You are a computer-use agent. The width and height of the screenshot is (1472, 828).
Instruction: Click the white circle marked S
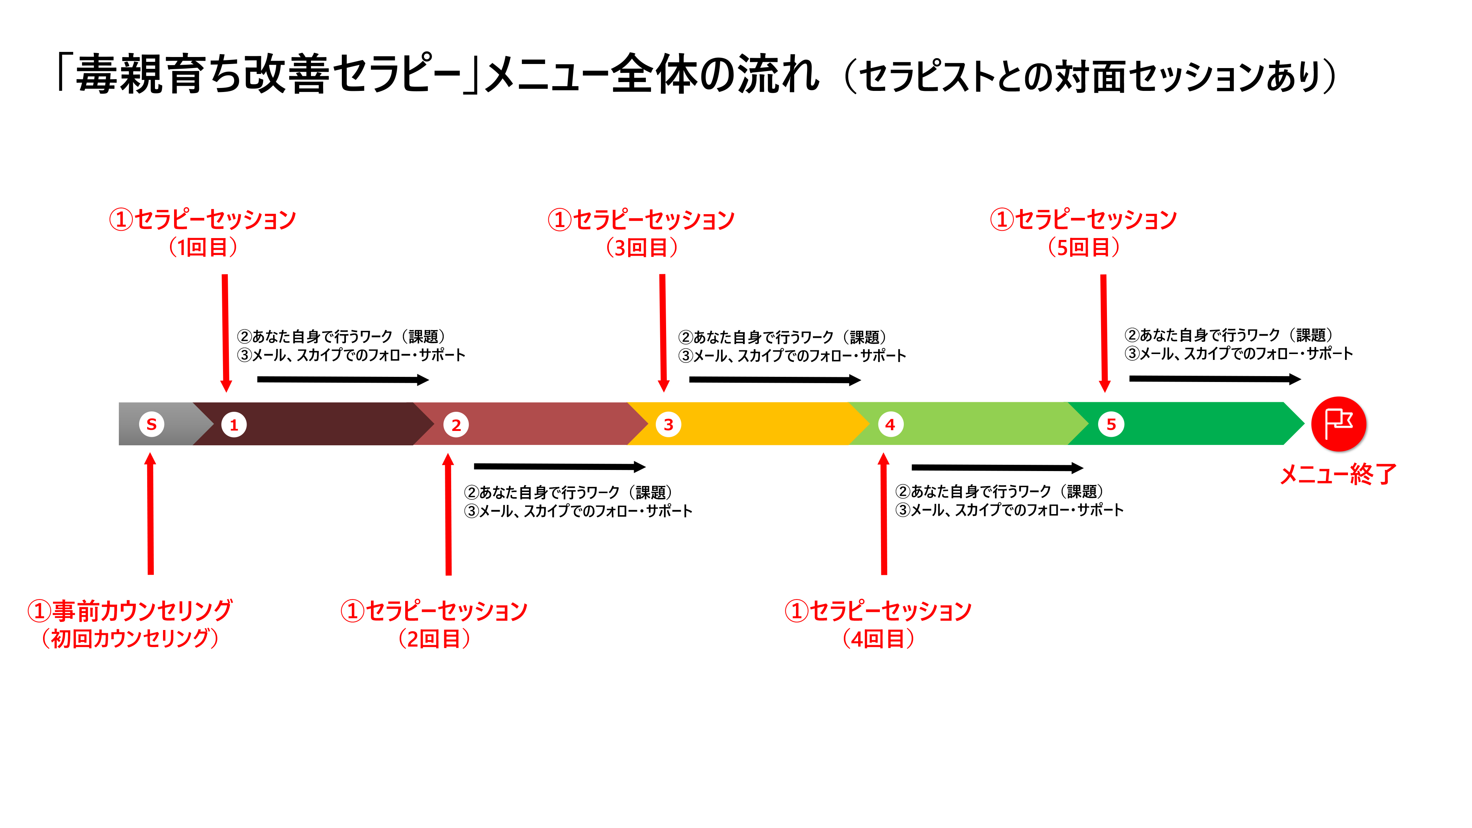pos(151,424)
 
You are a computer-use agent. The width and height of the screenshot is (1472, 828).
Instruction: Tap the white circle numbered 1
pos(234,425)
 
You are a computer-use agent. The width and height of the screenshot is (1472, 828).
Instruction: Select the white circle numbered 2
pos(456,425)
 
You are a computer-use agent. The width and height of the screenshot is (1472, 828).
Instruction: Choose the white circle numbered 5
pos(1111,424)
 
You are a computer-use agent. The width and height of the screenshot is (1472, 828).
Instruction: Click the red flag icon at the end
pos(1338,424)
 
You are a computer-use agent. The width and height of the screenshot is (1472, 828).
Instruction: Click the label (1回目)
pos(203,247)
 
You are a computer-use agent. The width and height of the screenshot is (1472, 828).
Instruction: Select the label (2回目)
pos(434,638)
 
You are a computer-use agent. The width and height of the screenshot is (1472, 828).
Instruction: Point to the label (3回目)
pos(642,247)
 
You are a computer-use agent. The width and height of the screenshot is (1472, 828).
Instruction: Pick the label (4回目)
pos(878,638)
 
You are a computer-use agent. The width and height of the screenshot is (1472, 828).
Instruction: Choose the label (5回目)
pos(1083,247)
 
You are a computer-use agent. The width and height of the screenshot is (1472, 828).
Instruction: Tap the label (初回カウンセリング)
pos(130,638)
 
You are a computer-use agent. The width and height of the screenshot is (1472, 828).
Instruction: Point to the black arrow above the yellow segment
pos(774,379)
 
